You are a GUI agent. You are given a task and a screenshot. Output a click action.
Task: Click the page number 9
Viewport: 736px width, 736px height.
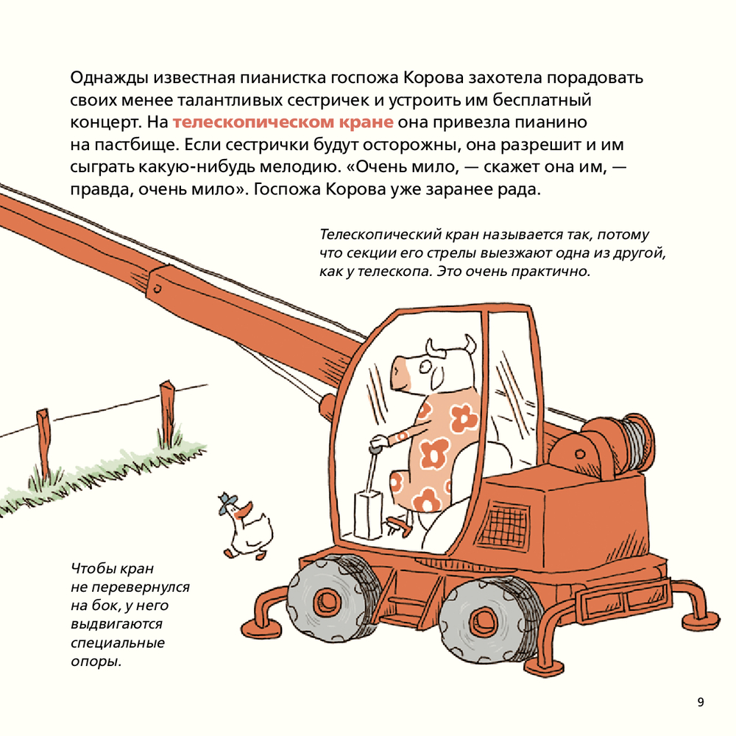click(x=701, y=702)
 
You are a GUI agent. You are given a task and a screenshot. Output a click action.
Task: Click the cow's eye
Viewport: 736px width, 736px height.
click(x=425, y=366)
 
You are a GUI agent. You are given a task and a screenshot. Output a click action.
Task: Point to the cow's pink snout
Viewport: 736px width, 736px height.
click(x=400, y=371)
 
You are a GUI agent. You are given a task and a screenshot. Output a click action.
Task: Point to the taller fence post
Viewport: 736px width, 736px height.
click(x=166, y=413)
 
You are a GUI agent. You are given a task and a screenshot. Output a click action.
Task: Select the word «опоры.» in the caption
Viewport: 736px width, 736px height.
click(x=96, y=662)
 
